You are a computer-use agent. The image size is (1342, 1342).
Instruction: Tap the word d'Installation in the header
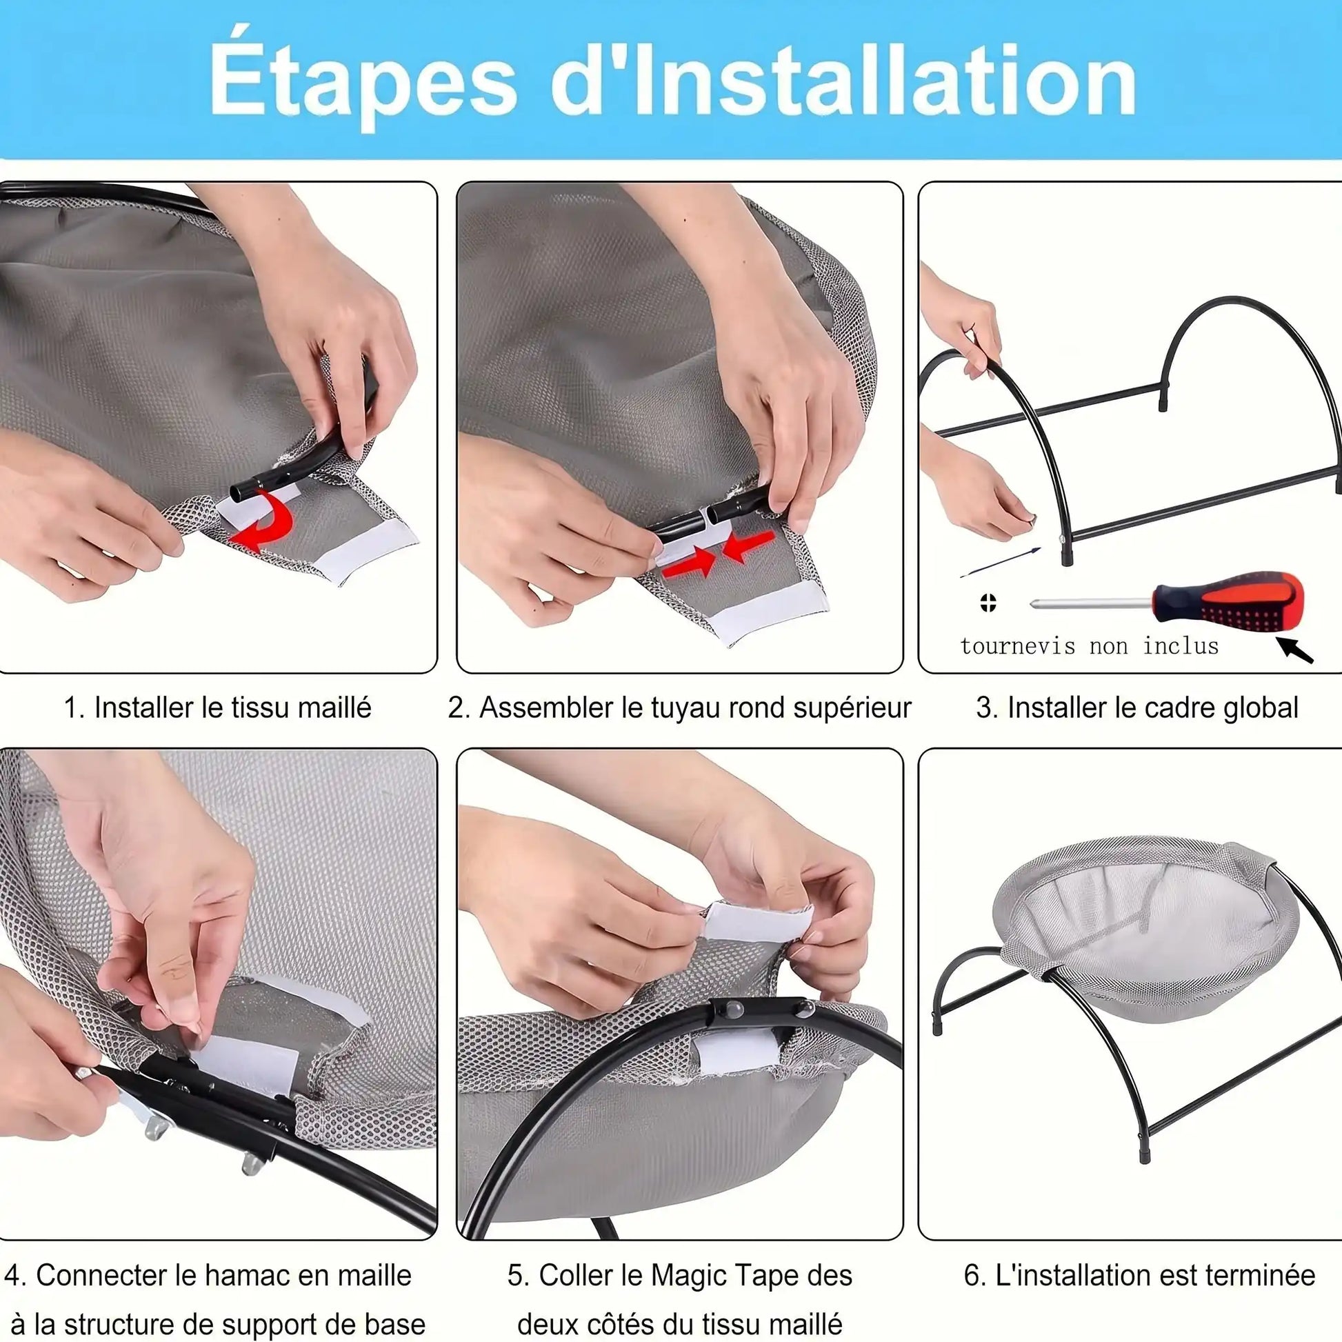[x=843, y=81]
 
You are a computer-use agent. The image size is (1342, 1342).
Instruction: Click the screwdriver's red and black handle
[x=1227, y=601]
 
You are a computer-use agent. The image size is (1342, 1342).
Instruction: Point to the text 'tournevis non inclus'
[x=1089, y=647]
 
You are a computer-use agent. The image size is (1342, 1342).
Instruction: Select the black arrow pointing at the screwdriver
[x=1295, y=650]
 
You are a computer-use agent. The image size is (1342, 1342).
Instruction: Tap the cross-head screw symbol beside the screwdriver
[x=988, y=602]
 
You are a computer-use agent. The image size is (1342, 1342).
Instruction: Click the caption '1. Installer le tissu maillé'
[x=217, y=708]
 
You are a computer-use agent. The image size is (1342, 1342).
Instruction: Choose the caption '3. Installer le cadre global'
[x=1137, y=708]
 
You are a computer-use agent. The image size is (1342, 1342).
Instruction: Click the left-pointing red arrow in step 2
[x=748, y=546]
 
